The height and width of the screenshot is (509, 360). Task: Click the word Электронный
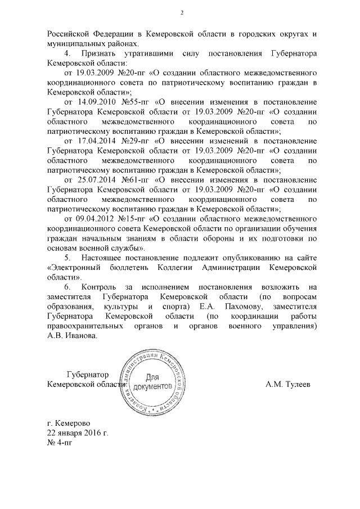(75, 268)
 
